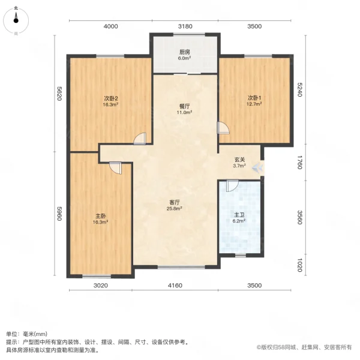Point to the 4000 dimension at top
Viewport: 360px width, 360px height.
pyautogui.click(x=110, y=26)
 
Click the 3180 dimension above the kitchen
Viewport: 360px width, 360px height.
pyautogui.click(x=185, y=26)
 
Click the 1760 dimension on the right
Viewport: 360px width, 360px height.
pyautogui.click(x=301, y=163)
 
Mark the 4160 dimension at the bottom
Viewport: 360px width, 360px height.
pyautogui.click(x=175, y=285)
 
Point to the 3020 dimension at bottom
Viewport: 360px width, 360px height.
pyautogui.click(x=100, y=285)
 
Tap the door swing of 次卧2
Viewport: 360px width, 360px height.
pyautogui.click(x=140, y=139)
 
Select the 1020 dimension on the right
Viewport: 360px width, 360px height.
pyautogui.click(x=301, y=265)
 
